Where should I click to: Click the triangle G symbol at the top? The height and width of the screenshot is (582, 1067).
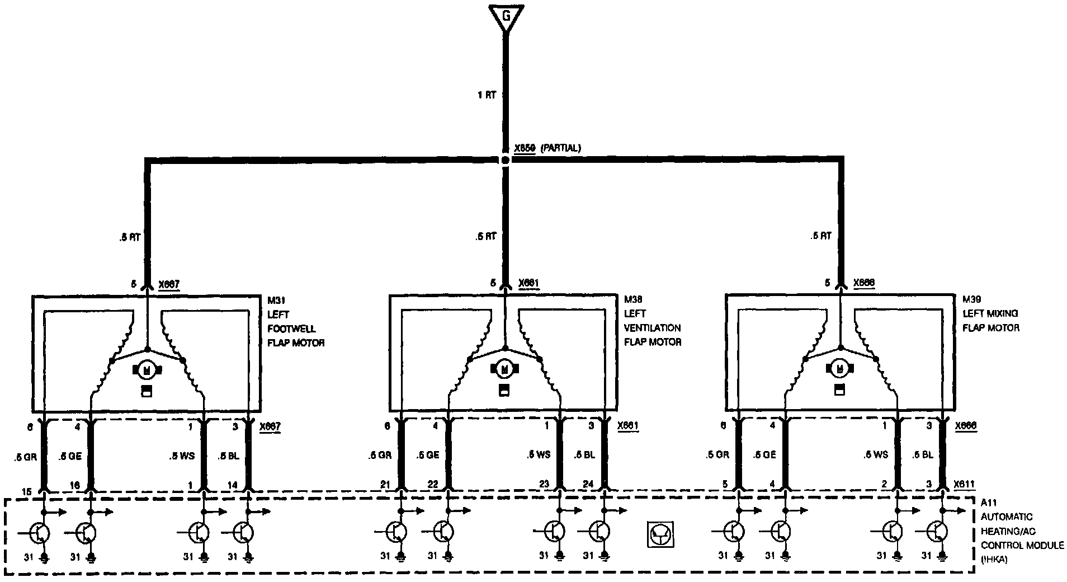[506, 17]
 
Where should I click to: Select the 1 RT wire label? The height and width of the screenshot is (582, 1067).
[487, 95]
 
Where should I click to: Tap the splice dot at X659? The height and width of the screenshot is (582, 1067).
[506, 160]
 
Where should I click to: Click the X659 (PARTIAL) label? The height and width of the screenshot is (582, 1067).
[547, 148]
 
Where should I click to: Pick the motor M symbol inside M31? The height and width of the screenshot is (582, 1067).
[147, 369]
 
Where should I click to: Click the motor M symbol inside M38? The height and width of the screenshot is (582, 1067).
[505, 368]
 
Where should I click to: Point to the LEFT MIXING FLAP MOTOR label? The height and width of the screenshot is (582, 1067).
[990, 321]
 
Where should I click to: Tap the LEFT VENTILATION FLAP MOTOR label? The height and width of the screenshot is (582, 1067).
[652, 328]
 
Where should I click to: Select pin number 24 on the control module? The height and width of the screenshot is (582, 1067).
[588, 485]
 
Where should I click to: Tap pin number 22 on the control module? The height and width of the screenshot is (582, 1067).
[432, 485]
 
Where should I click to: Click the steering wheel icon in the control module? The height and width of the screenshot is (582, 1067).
[660, 534]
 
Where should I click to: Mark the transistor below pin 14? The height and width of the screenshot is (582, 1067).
[243, 532]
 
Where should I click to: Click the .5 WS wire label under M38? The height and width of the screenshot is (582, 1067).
[539, 455]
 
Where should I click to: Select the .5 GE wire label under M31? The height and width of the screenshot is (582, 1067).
[70, 456]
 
